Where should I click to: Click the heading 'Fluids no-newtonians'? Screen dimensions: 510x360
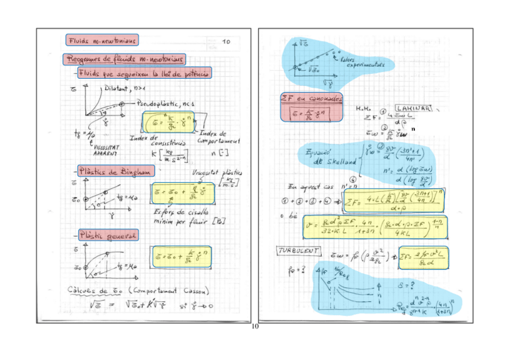click(x=102, y=40)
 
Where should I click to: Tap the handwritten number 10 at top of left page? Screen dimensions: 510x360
click(x=226, y=41)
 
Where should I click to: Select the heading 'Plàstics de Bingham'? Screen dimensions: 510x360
click(x=113, y=171)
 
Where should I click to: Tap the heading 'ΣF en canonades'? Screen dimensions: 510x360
click(x=312, y=97)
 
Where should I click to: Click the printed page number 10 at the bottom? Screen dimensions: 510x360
click(x=254, y=326)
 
